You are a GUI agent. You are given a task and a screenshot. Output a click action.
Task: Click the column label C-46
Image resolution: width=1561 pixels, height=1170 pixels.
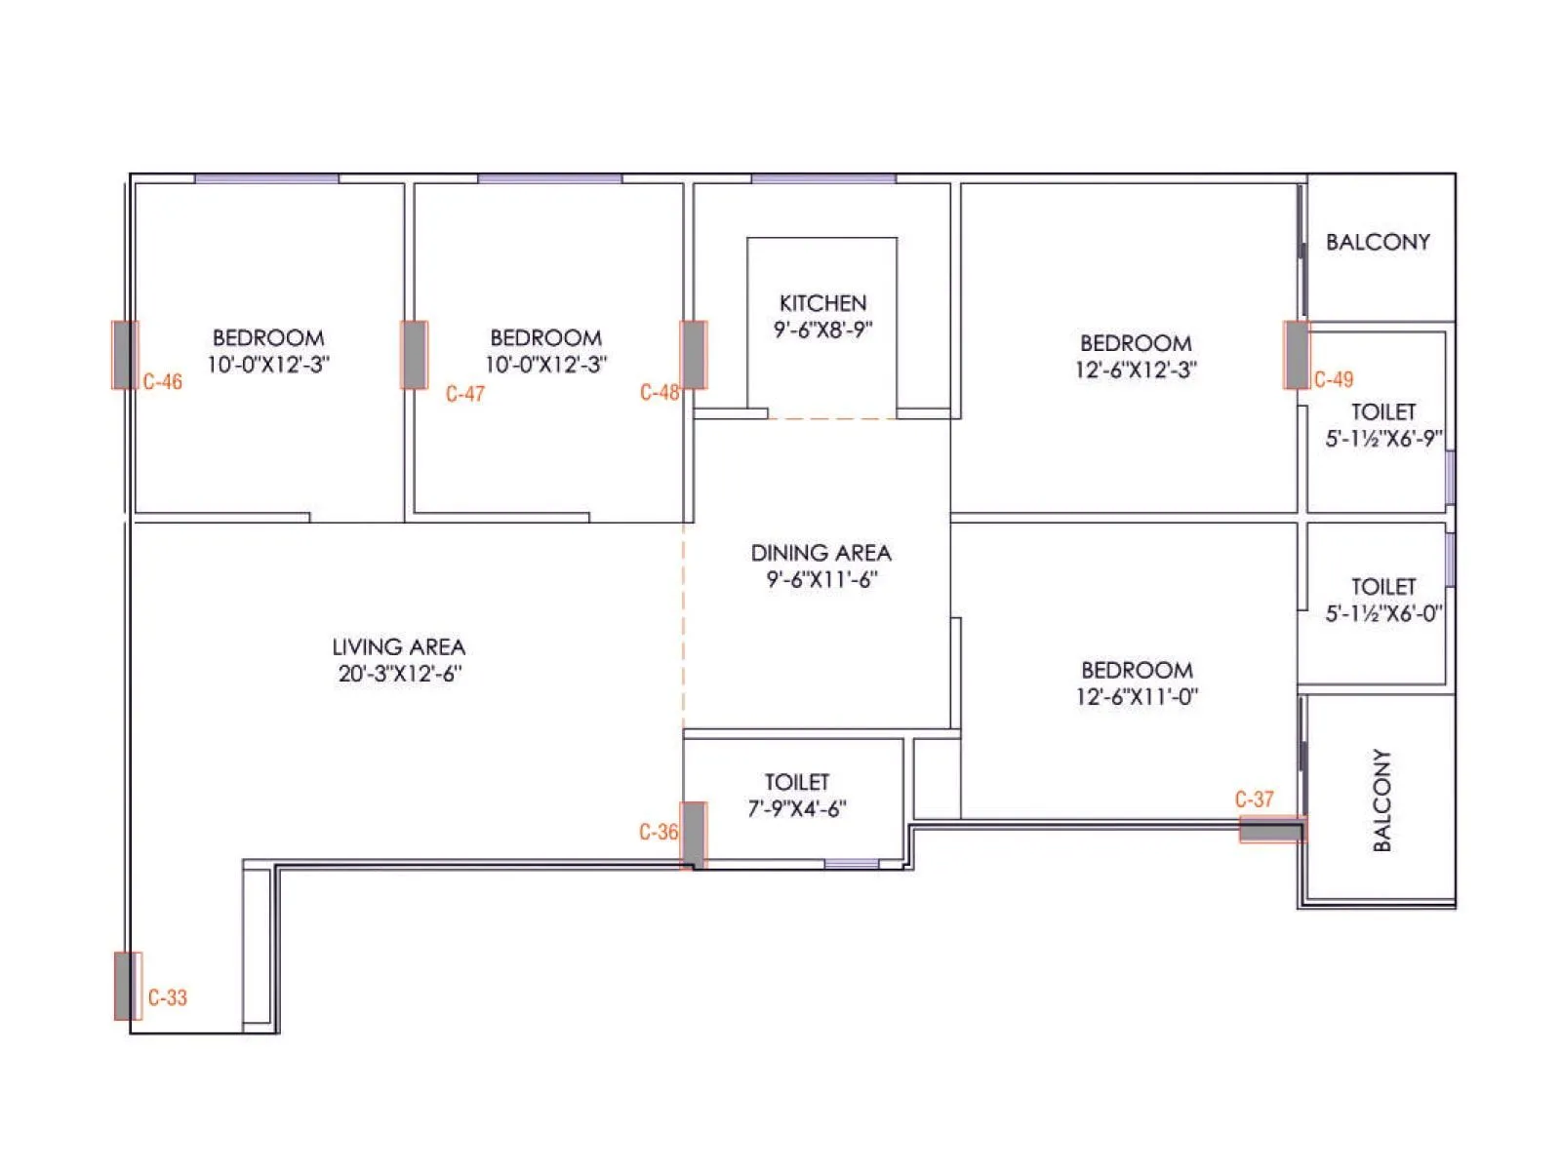[x=162, y=381]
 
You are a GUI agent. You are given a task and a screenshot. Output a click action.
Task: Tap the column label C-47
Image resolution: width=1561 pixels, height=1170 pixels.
[x=465, y=394]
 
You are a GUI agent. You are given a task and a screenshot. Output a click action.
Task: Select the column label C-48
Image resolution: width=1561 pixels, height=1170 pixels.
[x=660, y=392]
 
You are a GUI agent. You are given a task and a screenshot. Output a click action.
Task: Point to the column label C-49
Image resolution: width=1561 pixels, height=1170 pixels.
[x=1334, y=379]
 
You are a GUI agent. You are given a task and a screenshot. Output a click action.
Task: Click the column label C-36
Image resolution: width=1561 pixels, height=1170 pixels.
[x=659, y=832]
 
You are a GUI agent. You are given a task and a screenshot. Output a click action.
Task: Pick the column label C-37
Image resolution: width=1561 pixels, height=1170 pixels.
[x=1254, y=799]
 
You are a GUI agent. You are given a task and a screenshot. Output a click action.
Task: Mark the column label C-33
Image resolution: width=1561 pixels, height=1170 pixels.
[x=168, y=997]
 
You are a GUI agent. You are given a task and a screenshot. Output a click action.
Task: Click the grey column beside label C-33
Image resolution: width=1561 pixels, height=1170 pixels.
[x=125, y=986]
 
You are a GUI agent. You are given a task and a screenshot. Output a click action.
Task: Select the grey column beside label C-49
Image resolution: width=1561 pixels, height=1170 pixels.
[x=1297, y=355]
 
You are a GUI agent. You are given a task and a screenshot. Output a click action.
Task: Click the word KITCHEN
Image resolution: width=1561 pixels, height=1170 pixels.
[x=822, y=303]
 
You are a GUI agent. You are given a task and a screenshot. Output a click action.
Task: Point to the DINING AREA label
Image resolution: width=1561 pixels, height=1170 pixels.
[x=821, y=553]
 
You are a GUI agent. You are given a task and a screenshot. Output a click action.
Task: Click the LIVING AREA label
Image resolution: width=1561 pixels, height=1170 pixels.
[x=398, y=646]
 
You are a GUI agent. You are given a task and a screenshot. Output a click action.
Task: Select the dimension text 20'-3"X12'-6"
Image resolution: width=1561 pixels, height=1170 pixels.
[x=400, y=673]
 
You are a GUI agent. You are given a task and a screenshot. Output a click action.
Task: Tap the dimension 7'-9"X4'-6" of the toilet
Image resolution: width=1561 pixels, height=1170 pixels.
[x=796, y=808]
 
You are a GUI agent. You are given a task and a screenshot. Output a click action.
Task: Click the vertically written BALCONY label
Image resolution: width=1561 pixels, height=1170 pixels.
[x=1381, y=799]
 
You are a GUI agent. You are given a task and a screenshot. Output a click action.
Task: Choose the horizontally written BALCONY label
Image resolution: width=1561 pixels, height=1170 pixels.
[x=1378, y=242]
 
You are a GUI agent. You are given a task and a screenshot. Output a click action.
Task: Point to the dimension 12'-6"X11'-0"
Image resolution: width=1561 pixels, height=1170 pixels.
[x=1137, y=696]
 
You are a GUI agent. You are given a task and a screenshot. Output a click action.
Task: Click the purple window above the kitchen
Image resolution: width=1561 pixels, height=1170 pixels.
[x=823, y=178]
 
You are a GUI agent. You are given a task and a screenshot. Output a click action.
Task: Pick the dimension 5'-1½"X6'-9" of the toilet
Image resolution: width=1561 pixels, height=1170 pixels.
[x=1383, y=439]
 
